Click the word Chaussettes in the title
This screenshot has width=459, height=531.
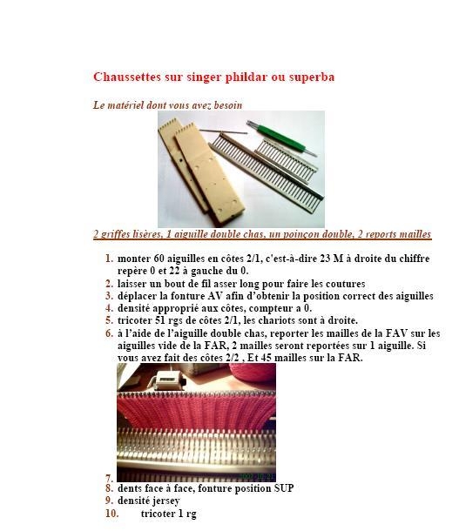tap(125, 77)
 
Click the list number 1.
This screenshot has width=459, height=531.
tap(109, 259)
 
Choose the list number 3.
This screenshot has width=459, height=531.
tap(109, 296)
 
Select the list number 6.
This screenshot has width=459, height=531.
tap(109, 333)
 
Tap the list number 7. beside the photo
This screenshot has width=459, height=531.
tap(109, 477)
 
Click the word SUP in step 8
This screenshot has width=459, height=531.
tap(282, 488)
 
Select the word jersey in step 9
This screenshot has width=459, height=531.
tap(165, 501)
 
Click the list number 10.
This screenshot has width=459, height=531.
tap(111, 514)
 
